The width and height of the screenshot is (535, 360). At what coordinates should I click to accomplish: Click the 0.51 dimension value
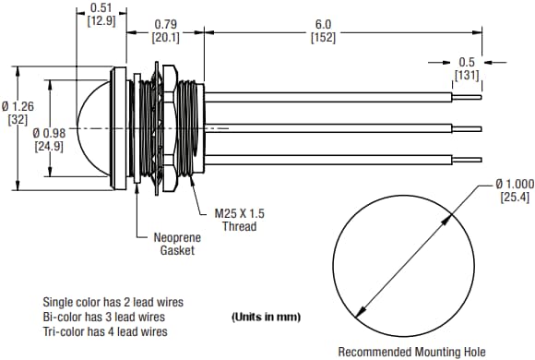tap(101, 7)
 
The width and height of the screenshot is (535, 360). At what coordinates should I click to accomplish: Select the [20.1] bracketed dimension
tap(165, 38)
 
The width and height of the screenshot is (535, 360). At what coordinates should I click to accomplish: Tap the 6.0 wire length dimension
tap(323, 24)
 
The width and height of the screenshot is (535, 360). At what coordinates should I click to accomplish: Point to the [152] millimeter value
tap(323, 38)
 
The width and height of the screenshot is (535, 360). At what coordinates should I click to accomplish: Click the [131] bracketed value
tap(467, 75)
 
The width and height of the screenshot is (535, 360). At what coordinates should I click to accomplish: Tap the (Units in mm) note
tap(267, 317)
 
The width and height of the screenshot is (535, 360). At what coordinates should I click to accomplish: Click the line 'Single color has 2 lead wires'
tap(113, 302)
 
